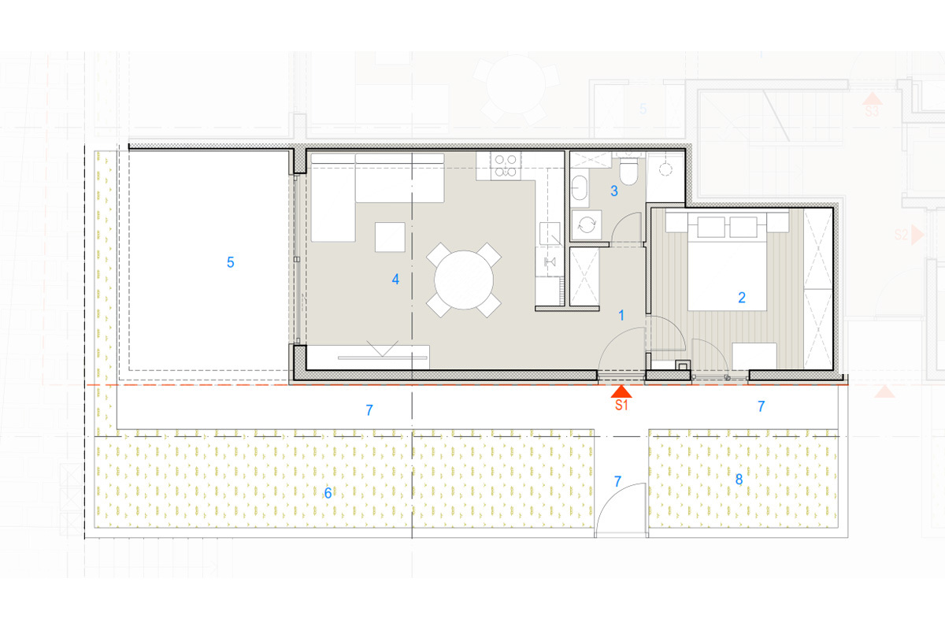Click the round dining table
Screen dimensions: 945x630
464,280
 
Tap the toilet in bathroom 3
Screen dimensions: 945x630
628,171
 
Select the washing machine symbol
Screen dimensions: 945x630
587,224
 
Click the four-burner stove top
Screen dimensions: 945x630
506,166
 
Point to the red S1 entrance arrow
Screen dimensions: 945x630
621,391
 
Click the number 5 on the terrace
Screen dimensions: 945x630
230,262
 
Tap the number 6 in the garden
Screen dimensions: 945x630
328,493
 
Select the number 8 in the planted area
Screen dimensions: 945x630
739,479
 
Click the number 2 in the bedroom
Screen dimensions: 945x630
742,298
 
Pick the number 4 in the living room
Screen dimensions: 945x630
395,279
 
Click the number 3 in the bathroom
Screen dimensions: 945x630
614,191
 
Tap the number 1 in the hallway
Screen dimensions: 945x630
621,315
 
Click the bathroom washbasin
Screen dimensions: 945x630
580,188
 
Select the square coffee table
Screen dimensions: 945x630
390,237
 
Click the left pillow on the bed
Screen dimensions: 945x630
711,227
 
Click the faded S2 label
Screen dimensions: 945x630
901,235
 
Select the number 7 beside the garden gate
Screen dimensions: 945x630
617,481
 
